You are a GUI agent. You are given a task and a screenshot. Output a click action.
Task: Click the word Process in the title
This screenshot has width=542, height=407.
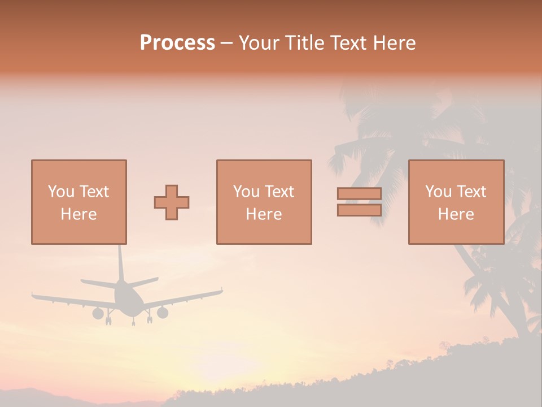click(x=177, y=43)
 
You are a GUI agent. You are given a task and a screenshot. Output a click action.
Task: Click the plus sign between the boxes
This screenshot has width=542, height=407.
click(x=172, y=202)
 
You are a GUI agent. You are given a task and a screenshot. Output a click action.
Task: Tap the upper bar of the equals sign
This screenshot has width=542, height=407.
click(x=359, y=194)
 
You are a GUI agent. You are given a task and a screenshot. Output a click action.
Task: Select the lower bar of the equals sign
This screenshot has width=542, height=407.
click(x=359, y=210)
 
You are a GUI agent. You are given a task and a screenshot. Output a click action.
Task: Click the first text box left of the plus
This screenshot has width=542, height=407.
click(x=79, y=202)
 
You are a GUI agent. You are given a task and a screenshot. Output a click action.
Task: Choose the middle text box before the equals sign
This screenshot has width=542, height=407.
click(x=264, y=202)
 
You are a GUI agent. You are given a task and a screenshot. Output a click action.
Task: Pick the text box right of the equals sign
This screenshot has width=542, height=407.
click(x=456, y=202)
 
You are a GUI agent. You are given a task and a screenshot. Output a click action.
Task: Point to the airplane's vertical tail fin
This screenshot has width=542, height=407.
click(x=120, y=263)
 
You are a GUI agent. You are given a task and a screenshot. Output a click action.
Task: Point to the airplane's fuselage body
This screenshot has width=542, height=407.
click(x=125, y=297)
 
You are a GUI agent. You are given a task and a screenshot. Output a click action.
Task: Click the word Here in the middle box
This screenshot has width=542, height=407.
click(x=264, y=214)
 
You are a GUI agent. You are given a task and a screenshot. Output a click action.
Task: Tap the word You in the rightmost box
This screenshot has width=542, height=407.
click(x=438, y=192)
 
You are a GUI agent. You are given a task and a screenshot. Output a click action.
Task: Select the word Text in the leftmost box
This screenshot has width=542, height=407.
click(x=94, y=192)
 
